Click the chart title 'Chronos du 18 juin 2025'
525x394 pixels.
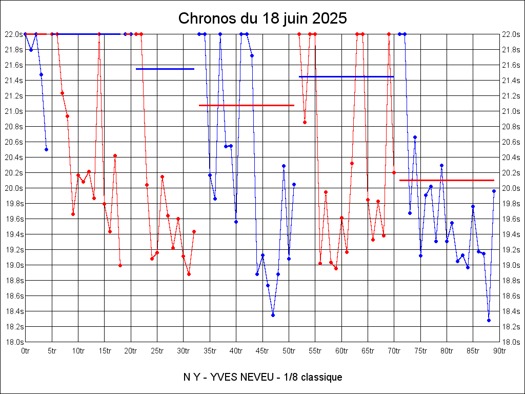[x=262, y=18]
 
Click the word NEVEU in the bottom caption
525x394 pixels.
[x=270, y=378]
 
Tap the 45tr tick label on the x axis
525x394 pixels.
[x=262, y=351]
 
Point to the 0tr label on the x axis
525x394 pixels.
[x=26, y=351]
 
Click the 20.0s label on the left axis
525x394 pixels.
[x=13, y=188]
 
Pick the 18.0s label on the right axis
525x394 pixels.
[x=512, y=342]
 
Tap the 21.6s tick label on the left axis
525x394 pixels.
[x=13, y=65]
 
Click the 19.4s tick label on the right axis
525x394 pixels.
[x=512, y=234]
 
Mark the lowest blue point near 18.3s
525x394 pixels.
[x=489, y=320]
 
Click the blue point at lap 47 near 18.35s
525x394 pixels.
[x=273, y=315]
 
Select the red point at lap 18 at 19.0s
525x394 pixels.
[x=120, y=265]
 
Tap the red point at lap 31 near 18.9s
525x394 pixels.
[x=189, y=274]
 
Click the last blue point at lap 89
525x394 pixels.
[x=494, y=191]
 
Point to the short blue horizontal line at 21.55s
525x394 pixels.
[x=165, y=69]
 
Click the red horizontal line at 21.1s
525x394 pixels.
[x=246, y=105]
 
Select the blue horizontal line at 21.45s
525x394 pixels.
[x=346, y=76]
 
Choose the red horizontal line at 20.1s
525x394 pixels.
[x=446, y=180]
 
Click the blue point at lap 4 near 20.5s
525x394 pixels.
[x=46, y=149]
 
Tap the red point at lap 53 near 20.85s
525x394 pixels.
[x=305, y=122]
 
